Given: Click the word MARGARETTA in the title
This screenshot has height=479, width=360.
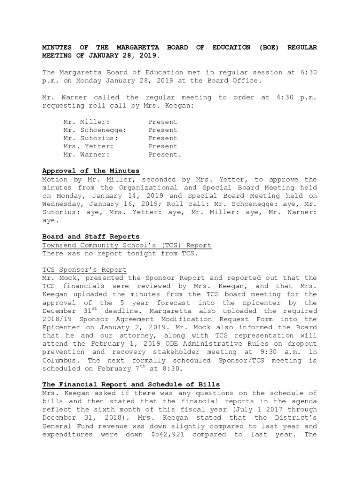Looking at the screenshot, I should pos(137,47).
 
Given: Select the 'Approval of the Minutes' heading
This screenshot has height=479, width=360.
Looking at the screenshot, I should pos(91,171).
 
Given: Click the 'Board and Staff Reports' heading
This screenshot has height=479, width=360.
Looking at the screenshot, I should pos(91,237).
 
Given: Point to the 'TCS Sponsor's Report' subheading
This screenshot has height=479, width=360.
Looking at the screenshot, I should pos(84,270).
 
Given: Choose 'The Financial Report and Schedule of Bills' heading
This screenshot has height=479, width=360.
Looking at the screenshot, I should pos(131,385).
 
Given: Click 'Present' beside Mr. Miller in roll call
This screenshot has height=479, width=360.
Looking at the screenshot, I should pos(163,122).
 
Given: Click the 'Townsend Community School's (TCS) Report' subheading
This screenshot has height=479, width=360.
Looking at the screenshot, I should pos(127,245).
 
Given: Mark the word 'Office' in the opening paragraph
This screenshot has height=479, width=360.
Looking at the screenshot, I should pos(245,81).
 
